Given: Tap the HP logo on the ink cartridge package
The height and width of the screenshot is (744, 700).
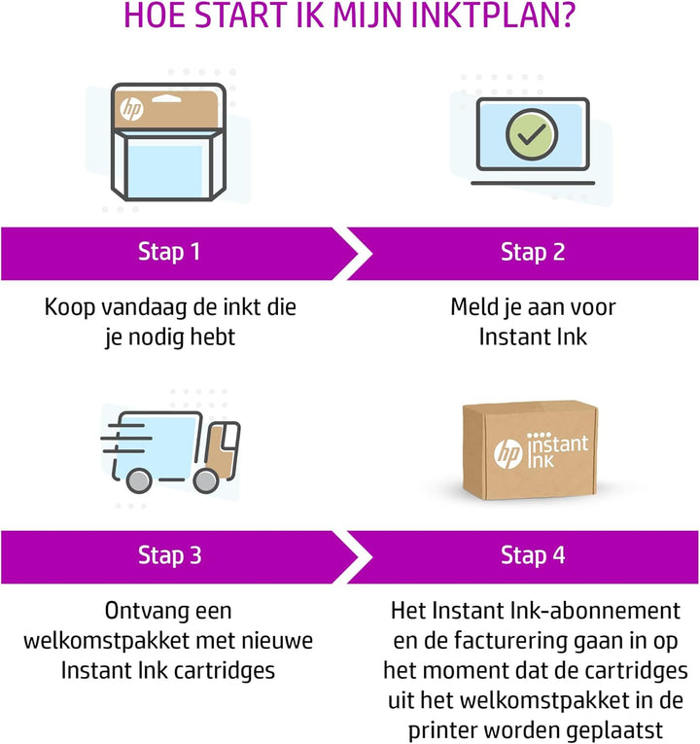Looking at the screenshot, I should click(x=131, y=109).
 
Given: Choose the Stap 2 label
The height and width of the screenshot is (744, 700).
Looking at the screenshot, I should click(x=533, y=253).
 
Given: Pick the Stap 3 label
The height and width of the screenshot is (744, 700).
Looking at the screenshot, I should click(x=169, y=556).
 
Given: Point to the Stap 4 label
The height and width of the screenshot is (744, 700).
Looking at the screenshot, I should click(x=534, y=556).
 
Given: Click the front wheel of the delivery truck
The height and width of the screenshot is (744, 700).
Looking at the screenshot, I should click(x=205, y=479).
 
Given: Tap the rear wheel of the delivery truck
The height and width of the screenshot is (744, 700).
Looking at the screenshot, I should click(x=140, y=479).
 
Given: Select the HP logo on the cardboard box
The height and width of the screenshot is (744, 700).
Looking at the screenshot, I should click(x=507, y=452).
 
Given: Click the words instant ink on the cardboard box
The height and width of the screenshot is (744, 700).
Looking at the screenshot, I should click(x=557, y=450).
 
